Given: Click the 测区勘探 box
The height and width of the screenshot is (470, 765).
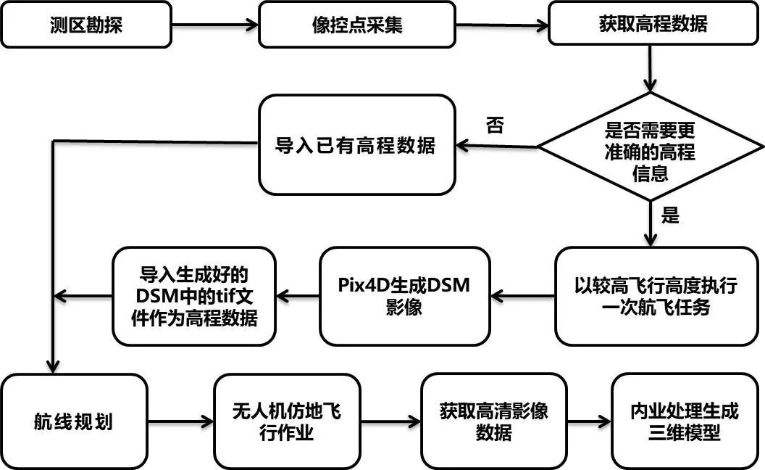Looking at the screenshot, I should (x=86, y=24).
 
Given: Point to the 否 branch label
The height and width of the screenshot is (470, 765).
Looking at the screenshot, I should (x=495, y=125).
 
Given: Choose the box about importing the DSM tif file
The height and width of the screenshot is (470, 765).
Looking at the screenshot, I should (x=194, y=296).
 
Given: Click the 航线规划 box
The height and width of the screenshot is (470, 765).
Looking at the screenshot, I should (x=73, y=421).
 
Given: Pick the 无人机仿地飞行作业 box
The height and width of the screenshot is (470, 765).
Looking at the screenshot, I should (x=287, y=421).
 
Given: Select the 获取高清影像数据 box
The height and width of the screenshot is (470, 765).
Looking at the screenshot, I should (x=493, y=421).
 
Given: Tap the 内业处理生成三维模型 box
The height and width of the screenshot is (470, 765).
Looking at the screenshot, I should (x=685, y=421).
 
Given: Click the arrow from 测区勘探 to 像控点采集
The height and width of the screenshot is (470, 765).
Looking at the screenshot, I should (x=215, y=25).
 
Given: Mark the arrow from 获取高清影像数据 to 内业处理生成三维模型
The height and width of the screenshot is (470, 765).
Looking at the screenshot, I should (x=589, y=421).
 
